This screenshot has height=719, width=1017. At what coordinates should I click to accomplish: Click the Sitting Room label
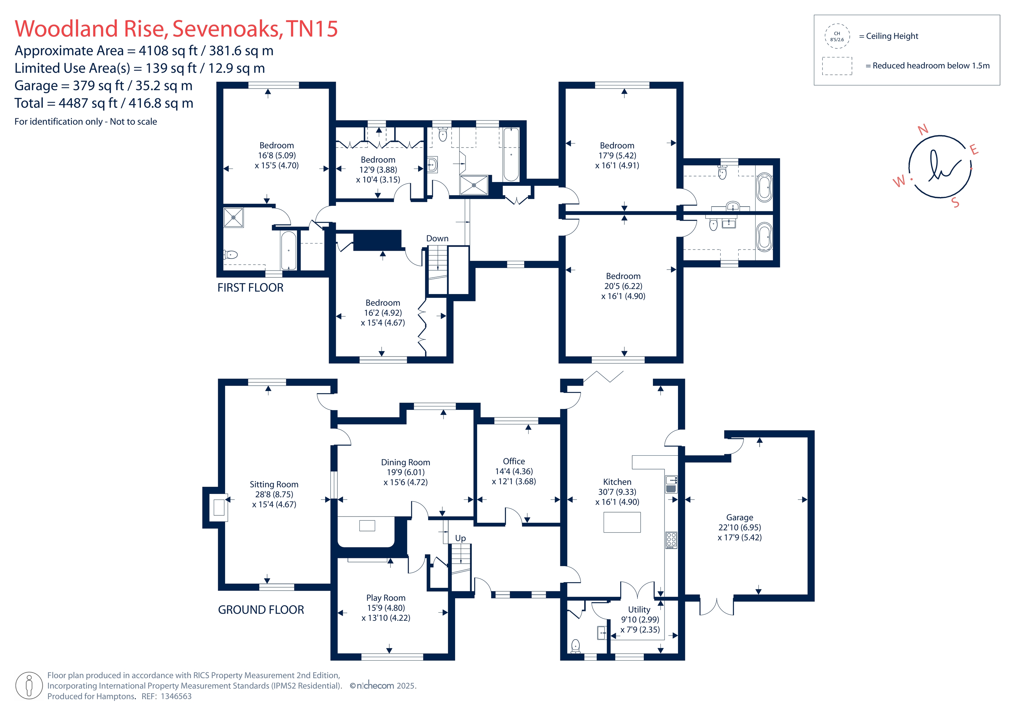click(274, 485)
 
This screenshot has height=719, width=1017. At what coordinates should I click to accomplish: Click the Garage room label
click(739, 518)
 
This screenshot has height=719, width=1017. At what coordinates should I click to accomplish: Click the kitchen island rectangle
click(622, 522)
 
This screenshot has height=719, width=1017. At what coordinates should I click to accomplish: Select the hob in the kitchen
click(671, 540)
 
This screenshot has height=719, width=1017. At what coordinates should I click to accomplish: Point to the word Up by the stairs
click(460, 538)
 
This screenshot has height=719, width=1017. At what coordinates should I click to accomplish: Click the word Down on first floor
click(437, 238)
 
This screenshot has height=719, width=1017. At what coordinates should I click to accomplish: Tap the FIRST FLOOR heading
click(250, 288)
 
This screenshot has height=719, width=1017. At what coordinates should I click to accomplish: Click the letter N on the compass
click(923, 130)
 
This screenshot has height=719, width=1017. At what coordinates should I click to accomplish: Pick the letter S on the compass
click(955, 203)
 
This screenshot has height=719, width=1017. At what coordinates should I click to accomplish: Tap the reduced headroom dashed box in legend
click(837, 66)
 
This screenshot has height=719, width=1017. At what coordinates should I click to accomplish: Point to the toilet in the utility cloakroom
click(575, 646)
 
